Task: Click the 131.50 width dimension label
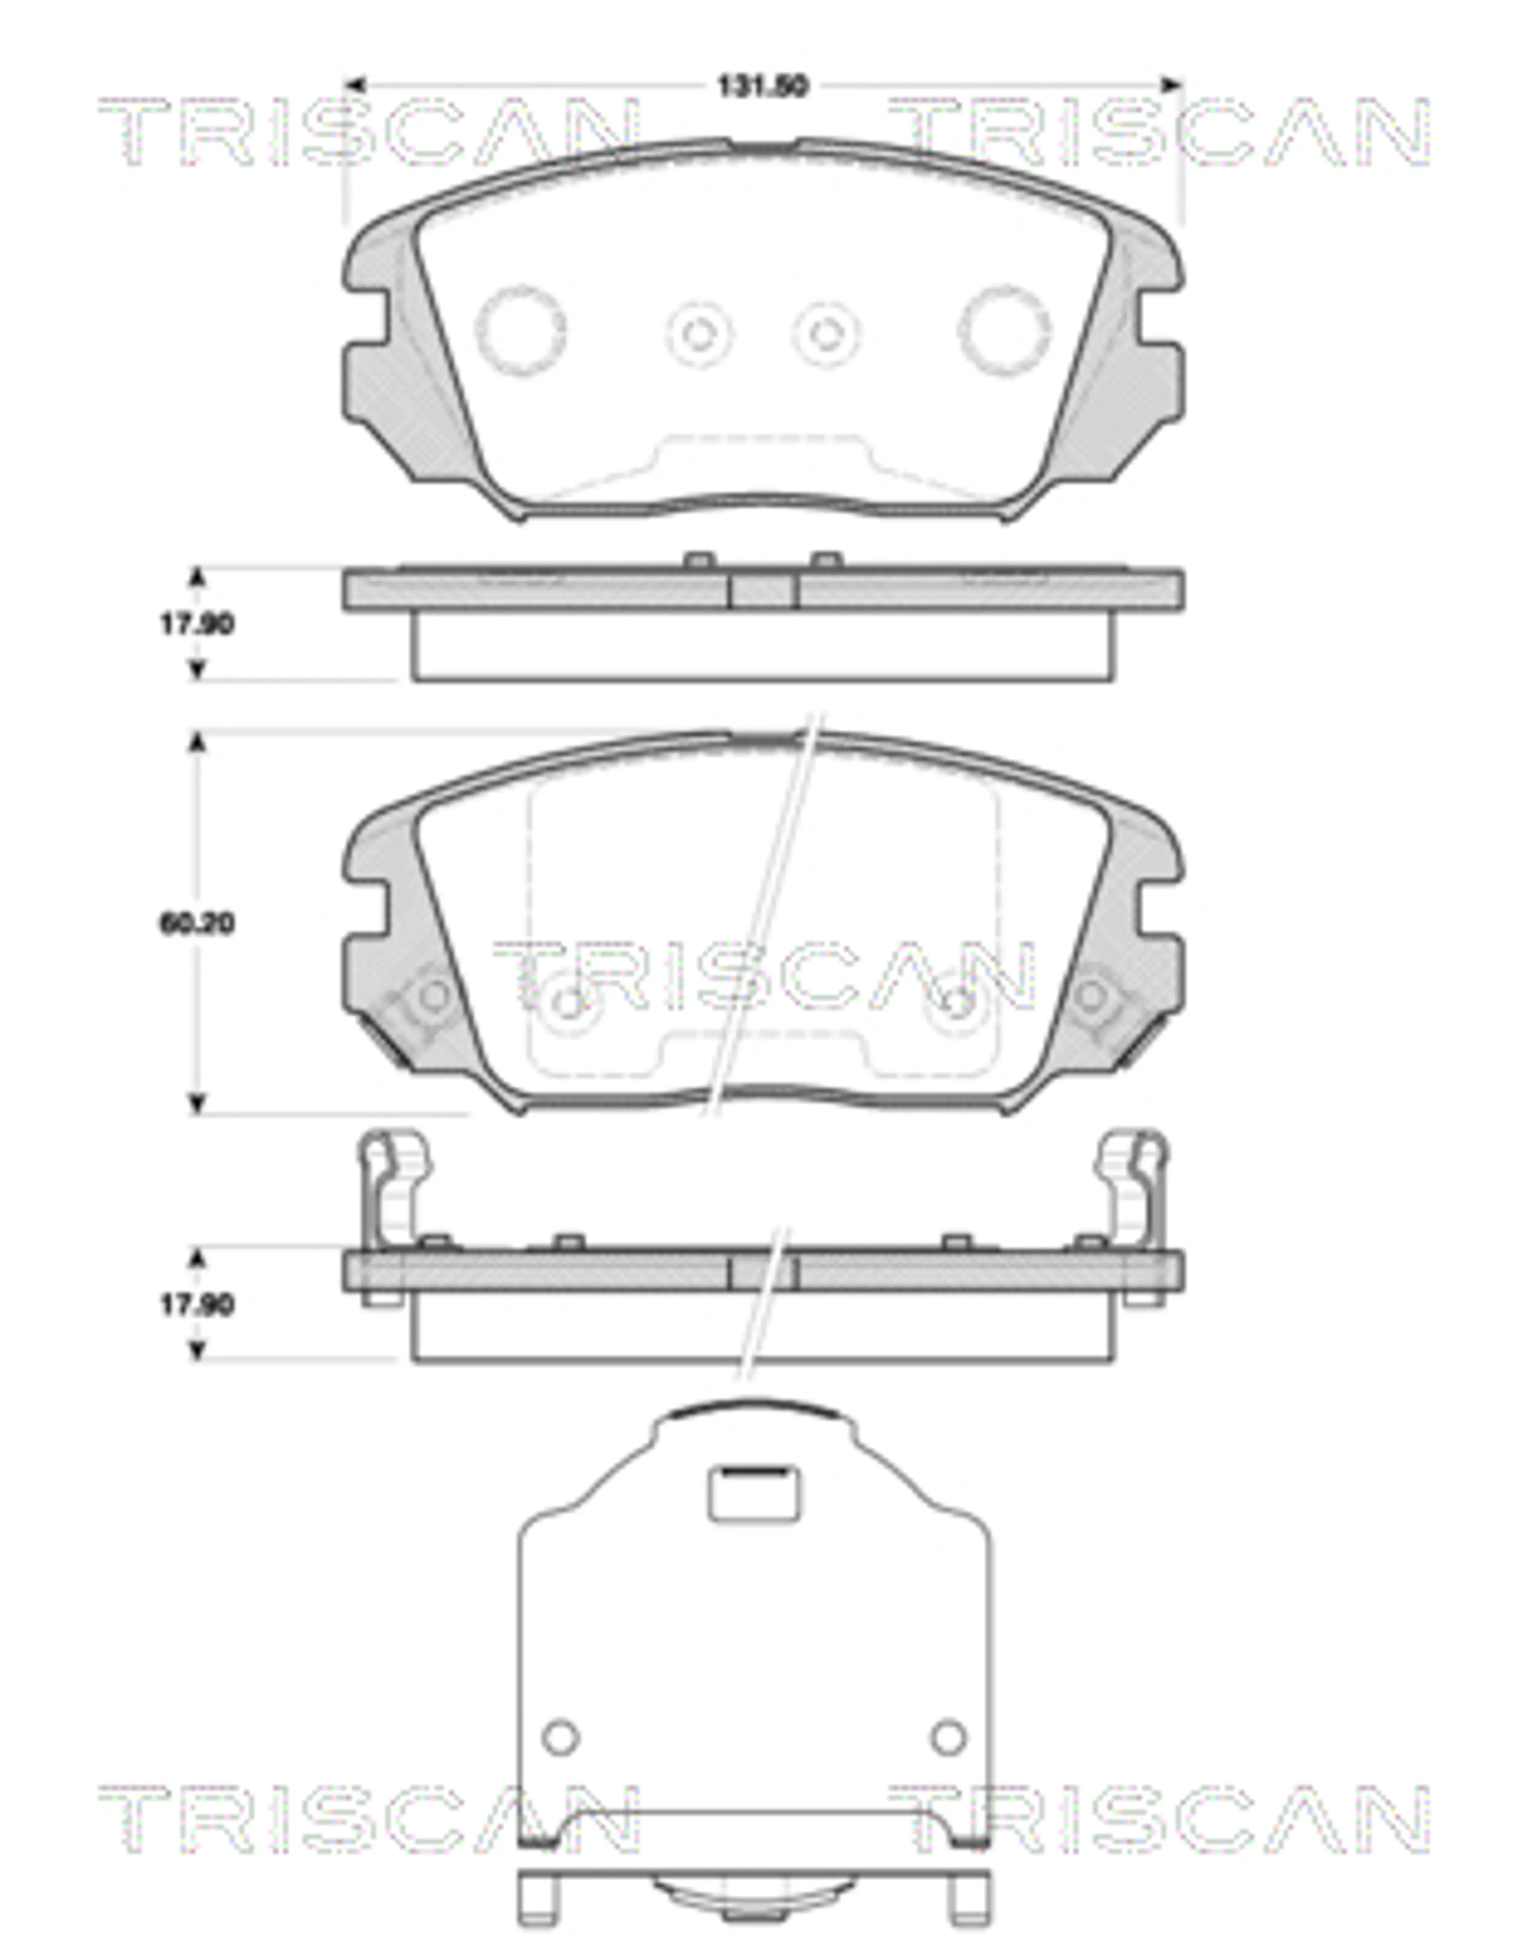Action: coord(763,87)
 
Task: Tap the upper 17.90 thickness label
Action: coord(197,624)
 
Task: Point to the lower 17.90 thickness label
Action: coord(197,1305)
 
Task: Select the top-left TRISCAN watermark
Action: coord(369,132)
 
